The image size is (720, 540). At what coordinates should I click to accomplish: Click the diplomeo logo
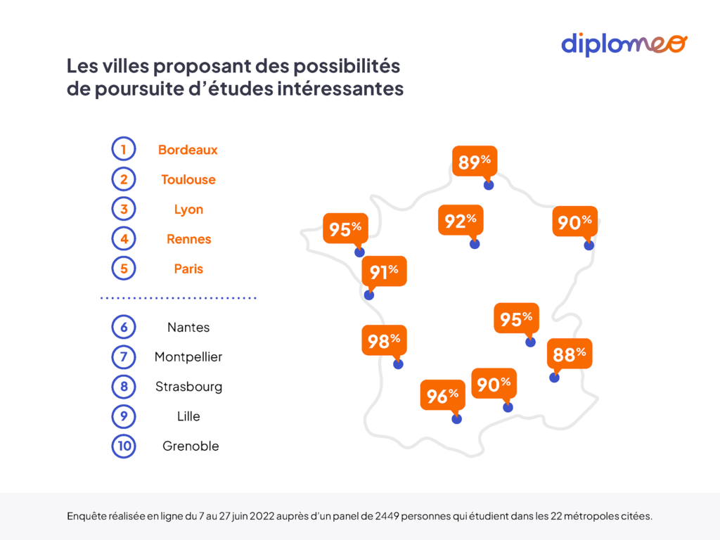click(624, 44)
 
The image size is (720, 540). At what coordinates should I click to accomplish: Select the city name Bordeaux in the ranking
click(188, 150)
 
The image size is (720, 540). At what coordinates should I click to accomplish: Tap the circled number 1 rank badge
click(123, 150)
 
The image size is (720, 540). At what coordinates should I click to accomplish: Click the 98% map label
click(384, 341)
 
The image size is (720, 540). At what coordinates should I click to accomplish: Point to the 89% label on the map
click(474, 162)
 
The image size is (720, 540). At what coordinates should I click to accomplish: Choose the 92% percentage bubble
click(460, 221)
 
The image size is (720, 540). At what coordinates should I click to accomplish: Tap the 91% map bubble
click(384, 272)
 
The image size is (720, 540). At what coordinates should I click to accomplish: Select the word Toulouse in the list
click(188, 179)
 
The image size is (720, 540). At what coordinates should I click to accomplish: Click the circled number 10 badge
click(123, 446)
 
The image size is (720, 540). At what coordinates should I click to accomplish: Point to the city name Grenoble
click(191, 446)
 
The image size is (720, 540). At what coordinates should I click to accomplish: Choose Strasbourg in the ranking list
click(188, 387)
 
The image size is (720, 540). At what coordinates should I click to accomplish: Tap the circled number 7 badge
click(123, 357)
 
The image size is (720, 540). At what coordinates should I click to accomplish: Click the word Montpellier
click(188, 357)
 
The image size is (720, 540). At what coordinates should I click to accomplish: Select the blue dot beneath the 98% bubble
click(398, 364)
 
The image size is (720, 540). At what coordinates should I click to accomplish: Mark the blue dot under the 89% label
click(489, 185)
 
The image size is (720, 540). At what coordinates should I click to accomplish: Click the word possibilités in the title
click(345, 66)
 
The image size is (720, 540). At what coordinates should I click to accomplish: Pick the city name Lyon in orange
click(188, 210)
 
